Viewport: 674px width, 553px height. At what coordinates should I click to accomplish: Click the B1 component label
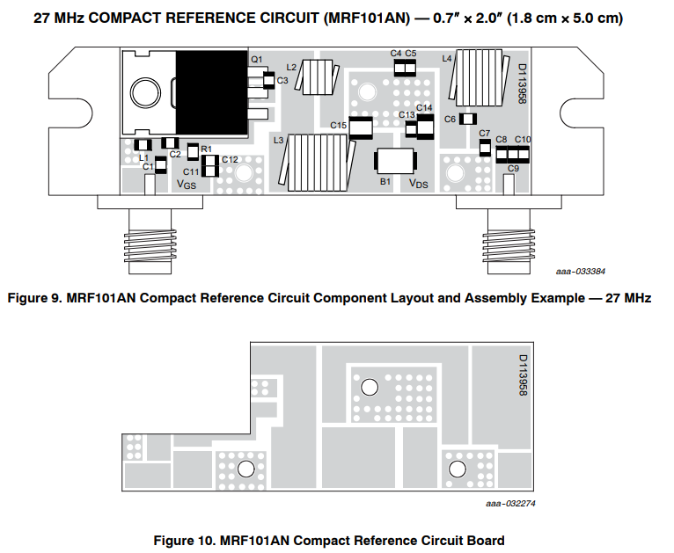(385, 181)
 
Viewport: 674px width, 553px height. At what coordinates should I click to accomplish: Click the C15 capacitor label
(339, 126)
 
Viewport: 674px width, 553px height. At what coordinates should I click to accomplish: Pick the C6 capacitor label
(450, 119)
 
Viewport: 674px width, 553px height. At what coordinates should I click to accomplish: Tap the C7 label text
(484, 133)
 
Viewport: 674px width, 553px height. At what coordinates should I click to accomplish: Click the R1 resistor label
(206, 149)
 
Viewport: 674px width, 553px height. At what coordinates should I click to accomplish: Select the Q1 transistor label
(256, 59)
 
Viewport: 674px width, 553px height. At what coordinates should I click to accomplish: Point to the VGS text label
(187, 185)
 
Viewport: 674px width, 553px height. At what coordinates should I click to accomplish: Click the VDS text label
(419, 182)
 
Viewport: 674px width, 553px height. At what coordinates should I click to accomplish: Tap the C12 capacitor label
(230, 159)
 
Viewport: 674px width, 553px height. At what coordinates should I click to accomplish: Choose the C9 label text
(513, 167)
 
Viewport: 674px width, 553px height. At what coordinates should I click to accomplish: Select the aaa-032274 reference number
(510, 505)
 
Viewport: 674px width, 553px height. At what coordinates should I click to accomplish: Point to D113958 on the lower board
(521, 375)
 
